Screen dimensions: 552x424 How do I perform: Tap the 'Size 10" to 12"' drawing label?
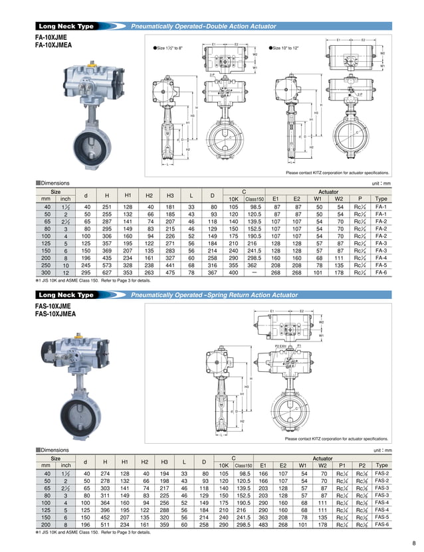289,48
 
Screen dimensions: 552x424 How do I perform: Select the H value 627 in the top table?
106,272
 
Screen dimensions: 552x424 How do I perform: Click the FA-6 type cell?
381,272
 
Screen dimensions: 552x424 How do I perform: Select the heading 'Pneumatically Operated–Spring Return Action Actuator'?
213,294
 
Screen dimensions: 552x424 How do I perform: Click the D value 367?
213,272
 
